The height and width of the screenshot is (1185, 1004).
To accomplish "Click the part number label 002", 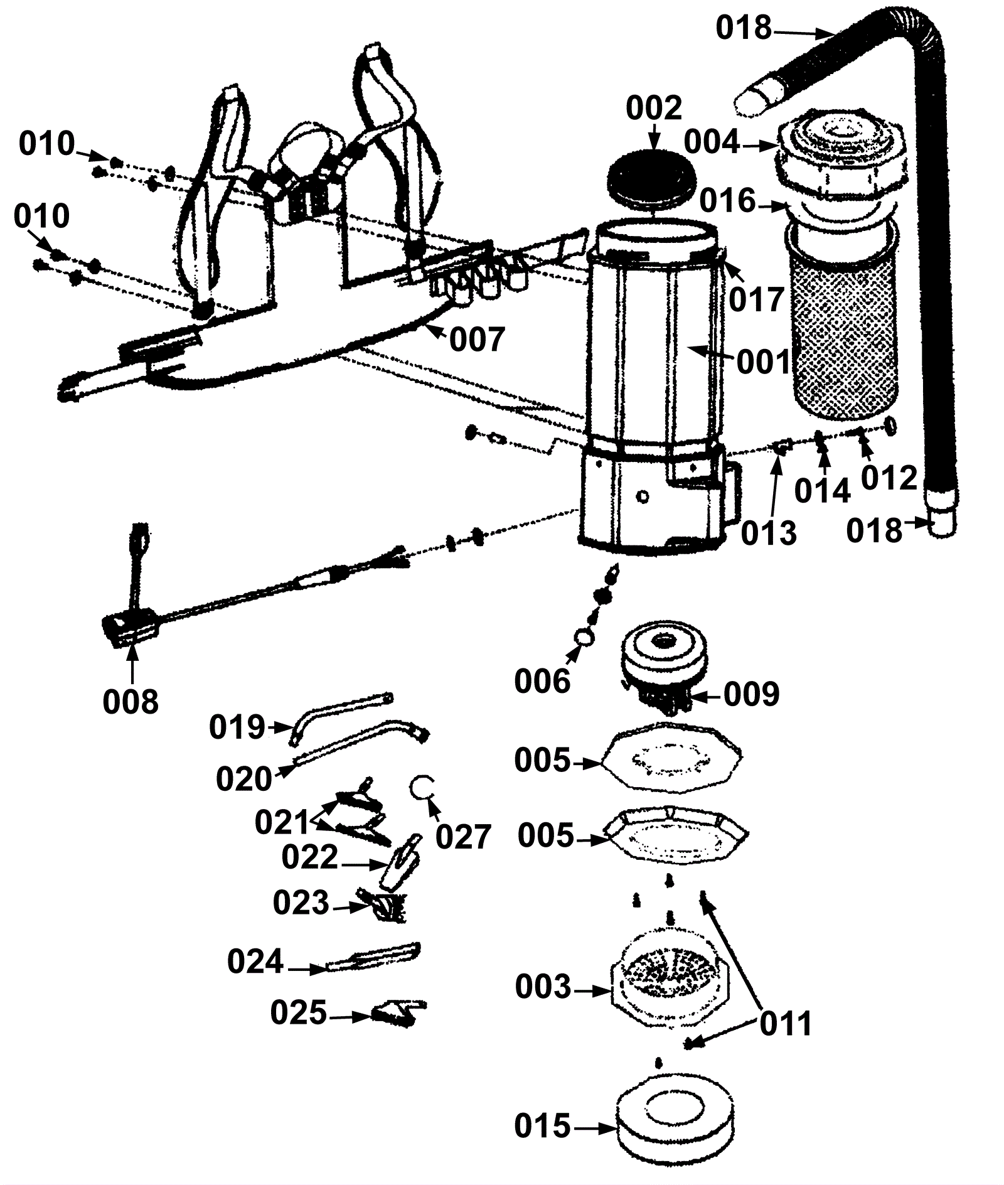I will coord(653,109).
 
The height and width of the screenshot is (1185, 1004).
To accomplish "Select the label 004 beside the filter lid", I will coord(712,142).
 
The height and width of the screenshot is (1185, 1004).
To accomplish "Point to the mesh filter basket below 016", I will coord(841,326).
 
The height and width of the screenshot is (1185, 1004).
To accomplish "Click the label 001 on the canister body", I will coord(763,362).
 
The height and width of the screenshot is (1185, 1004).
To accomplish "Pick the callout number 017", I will coord(756,299).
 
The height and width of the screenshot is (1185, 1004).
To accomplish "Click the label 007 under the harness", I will coord(477,340).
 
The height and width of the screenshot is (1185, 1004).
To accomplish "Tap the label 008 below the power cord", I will coord(131,701).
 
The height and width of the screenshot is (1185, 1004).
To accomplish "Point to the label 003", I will coord(543,987).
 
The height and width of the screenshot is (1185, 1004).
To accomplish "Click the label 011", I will coord(786,1024).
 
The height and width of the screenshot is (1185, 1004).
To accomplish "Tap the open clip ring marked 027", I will coord(422,787).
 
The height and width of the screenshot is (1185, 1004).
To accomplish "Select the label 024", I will coord(255,961).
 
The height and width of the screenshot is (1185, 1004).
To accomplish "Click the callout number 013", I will coord(769,533).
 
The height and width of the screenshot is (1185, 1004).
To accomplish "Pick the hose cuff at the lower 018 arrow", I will coord(943,522).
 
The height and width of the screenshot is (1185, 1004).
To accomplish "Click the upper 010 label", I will coord(46,144).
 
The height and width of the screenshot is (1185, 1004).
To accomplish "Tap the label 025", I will coord(299,1013).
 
